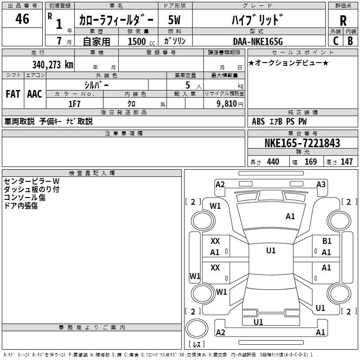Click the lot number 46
pos(22,19)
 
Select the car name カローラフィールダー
pos(116,20)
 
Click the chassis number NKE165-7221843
pos(302,144)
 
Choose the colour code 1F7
pos(74,103)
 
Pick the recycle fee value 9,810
pos(224,103)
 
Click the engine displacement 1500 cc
pos(137,41)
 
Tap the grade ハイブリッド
pos(257,20)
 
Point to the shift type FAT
pos(13,94)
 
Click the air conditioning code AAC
pos(34,94)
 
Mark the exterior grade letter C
pos(335,40)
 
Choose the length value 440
pos(273,162)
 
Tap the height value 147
pos(346,162)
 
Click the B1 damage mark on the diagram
pos(327,241)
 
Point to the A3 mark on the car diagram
pos(321,184)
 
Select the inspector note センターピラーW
pos(31,181)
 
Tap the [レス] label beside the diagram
pos(196,344)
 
